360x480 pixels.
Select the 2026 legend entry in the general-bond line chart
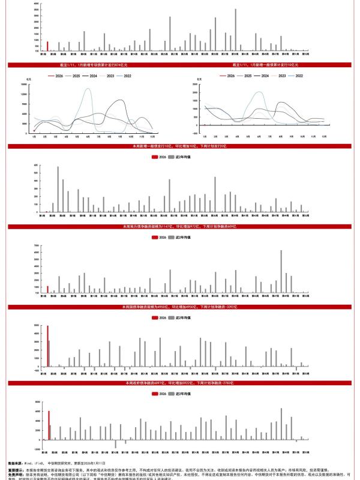click(x=226, y=76)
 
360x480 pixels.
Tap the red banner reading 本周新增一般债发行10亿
click(x=180, y=146)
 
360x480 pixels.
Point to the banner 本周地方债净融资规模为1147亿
click(x=180, y=227)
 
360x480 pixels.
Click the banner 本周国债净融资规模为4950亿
click(x=180, y=306)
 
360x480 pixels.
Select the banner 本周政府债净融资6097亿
click(x=180, y=383)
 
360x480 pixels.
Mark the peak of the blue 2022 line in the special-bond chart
click(x=88, y=89)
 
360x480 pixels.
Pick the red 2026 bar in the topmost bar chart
click(x=47, y=46)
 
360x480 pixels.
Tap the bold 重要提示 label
click(x=16, y=470)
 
